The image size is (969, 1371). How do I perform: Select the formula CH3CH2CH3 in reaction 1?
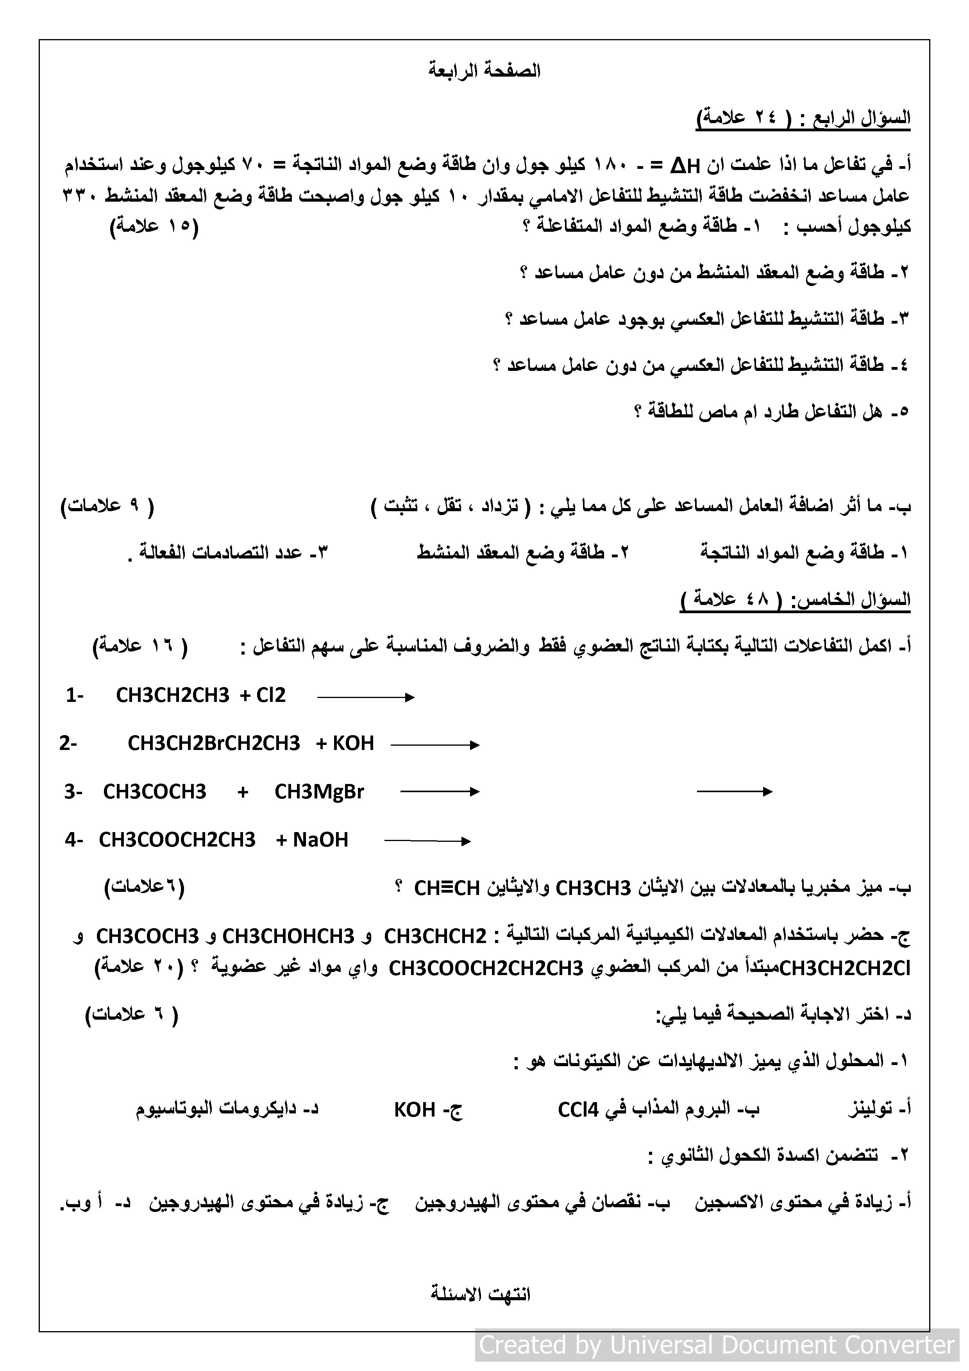(173, 695)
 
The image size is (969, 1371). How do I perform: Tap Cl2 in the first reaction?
(271, 695)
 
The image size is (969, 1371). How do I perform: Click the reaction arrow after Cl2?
(365, 697)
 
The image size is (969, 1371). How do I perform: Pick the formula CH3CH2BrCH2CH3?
(214, 743)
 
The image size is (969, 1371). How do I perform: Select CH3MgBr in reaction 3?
(319, 792)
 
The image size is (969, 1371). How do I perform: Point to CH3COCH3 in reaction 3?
(155, 792)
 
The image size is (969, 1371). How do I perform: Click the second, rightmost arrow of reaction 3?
(734, 792)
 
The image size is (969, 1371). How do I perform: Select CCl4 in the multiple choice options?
(577, 1110)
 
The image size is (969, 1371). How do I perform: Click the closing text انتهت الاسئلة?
(481, 1294)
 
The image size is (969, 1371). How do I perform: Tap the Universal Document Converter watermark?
(717, 1345)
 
